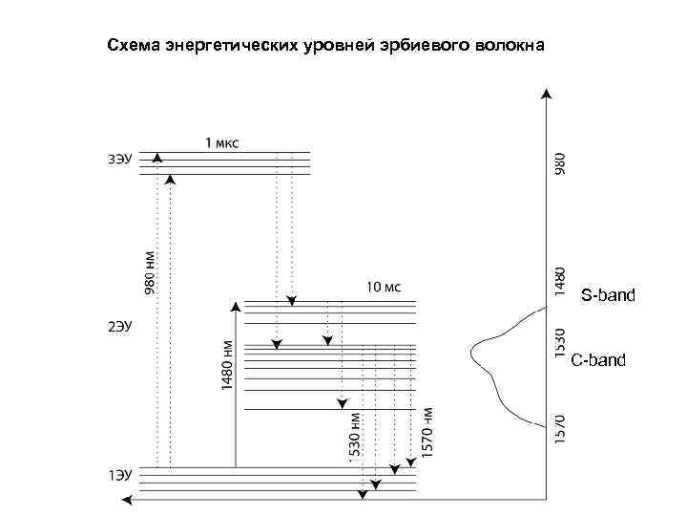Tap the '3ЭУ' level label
click(x=119, y=159)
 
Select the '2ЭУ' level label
click(x=119, y=328)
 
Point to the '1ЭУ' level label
click(x=119, y=474)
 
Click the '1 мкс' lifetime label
click(x=223, y=143)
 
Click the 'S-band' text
click(x=608, y=294)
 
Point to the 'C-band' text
click(x=598, y=360)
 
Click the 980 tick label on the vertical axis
click(x=560, y=161)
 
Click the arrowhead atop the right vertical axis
click(x=546, y=94)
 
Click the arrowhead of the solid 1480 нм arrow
click(x=236, y=307)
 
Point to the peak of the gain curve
click(x=472, y=350)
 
